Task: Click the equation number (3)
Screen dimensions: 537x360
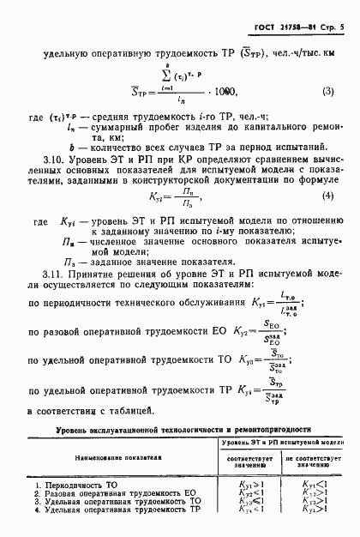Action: click(327, 91)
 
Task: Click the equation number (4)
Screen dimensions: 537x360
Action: click(327, 220)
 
